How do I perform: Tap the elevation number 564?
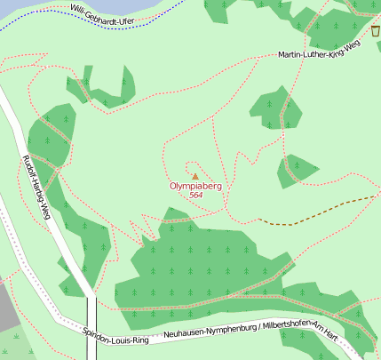pyautogui.click(x=195, y=196)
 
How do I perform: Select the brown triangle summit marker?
pyautogui.click(x=195, y=176)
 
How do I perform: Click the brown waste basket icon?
pyautogui.click(x=376, y=31)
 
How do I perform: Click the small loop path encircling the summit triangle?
pyautogui.click(x=186, y=169)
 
